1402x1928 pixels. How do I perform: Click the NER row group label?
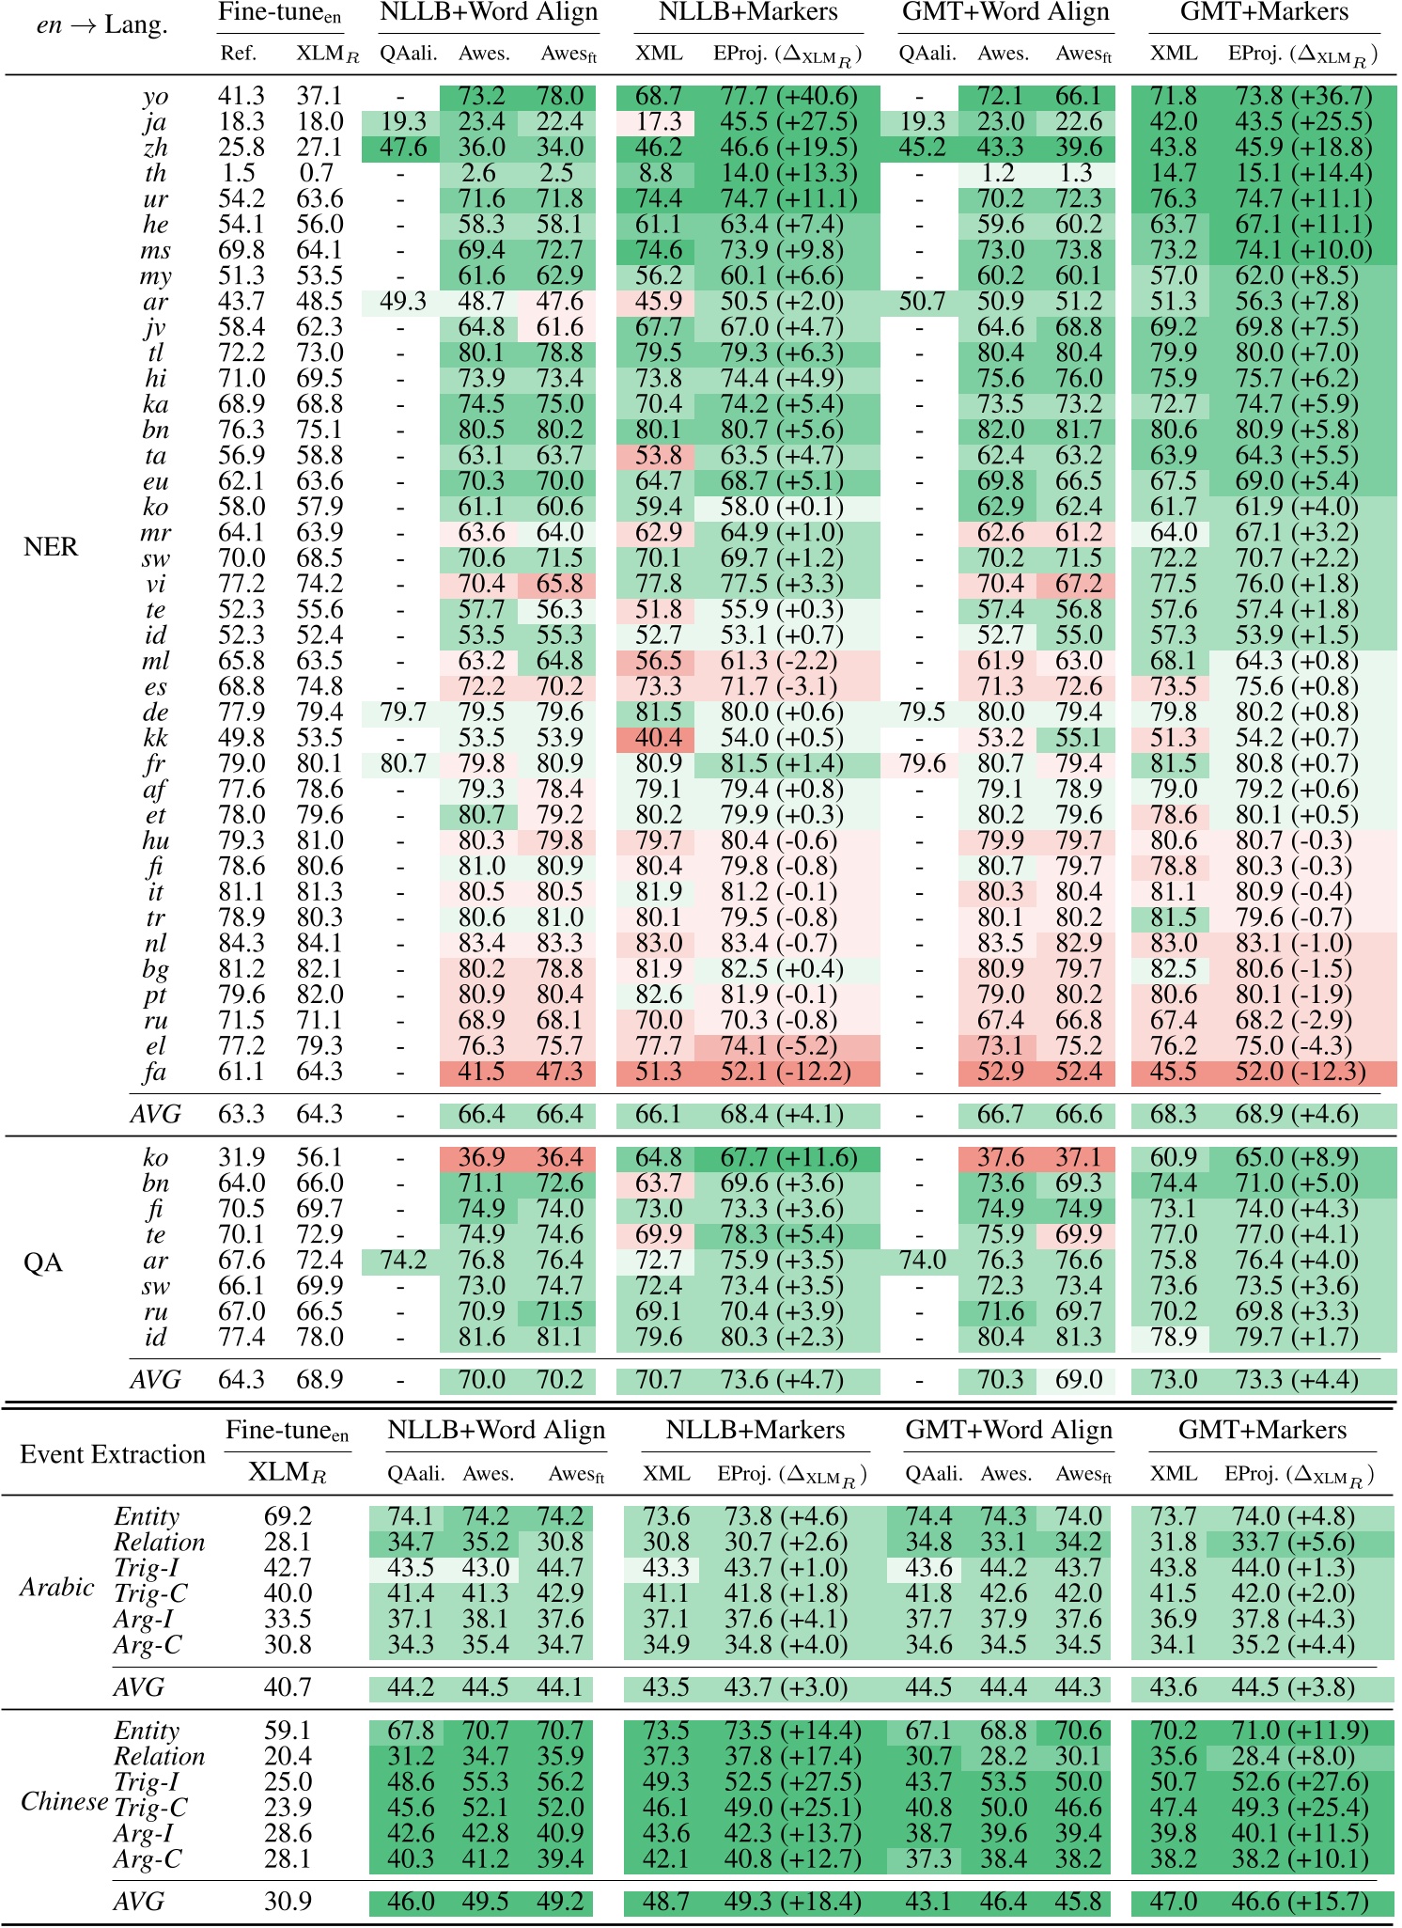coord(51,547)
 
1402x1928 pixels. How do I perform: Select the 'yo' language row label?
coord(155,96)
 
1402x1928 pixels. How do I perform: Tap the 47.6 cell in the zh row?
coord(403,148)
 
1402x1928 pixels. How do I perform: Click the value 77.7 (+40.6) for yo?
coord(788,96)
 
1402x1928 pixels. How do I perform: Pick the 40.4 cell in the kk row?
coord(659,738)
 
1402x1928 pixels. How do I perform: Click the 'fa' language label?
coord(155,1072)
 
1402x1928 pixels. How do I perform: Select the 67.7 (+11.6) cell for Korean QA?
coord(788,1158)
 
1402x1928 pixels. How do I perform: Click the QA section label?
coord(42,1262)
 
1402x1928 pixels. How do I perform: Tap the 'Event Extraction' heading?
coord(113,1454)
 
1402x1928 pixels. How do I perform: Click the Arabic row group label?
coord(57,1588)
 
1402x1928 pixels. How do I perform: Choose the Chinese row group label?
coord(64,1802)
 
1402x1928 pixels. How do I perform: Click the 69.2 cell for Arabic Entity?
coord(288,1516)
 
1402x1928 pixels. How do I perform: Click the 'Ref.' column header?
coord(239,54)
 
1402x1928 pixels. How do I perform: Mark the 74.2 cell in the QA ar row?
coord(403,1261)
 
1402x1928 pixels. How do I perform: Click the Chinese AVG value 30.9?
coord(288,1902)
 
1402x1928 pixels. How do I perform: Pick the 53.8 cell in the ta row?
coord(659,456)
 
